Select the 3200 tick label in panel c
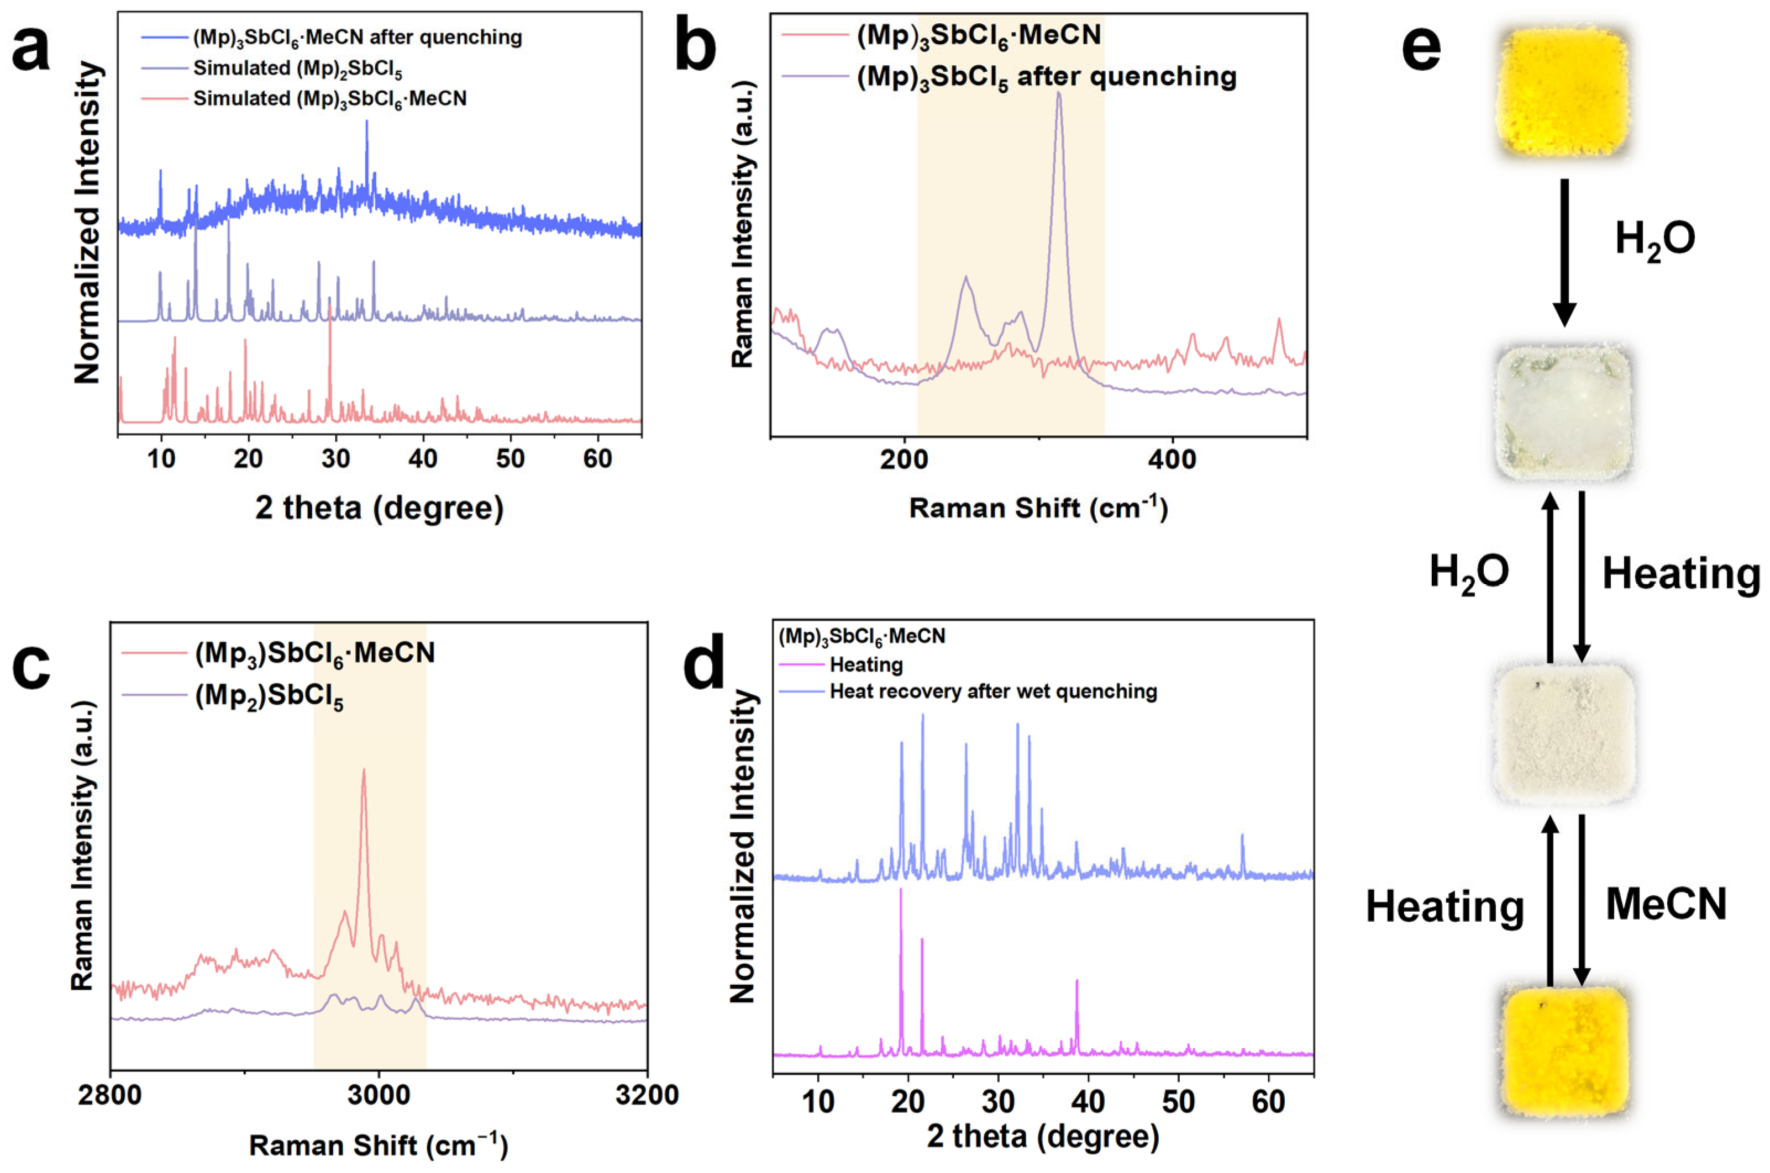coord(647,1095)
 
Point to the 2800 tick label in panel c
coord(110,1095)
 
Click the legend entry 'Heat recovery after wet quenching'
coord(993,691)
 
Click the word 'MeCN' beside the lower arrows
coord(1666,903)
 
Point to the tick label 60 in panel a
coord(597,458)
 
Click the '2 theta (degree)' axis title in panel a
coord(380,508)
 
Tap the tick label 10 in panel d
coord(818,1101)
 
